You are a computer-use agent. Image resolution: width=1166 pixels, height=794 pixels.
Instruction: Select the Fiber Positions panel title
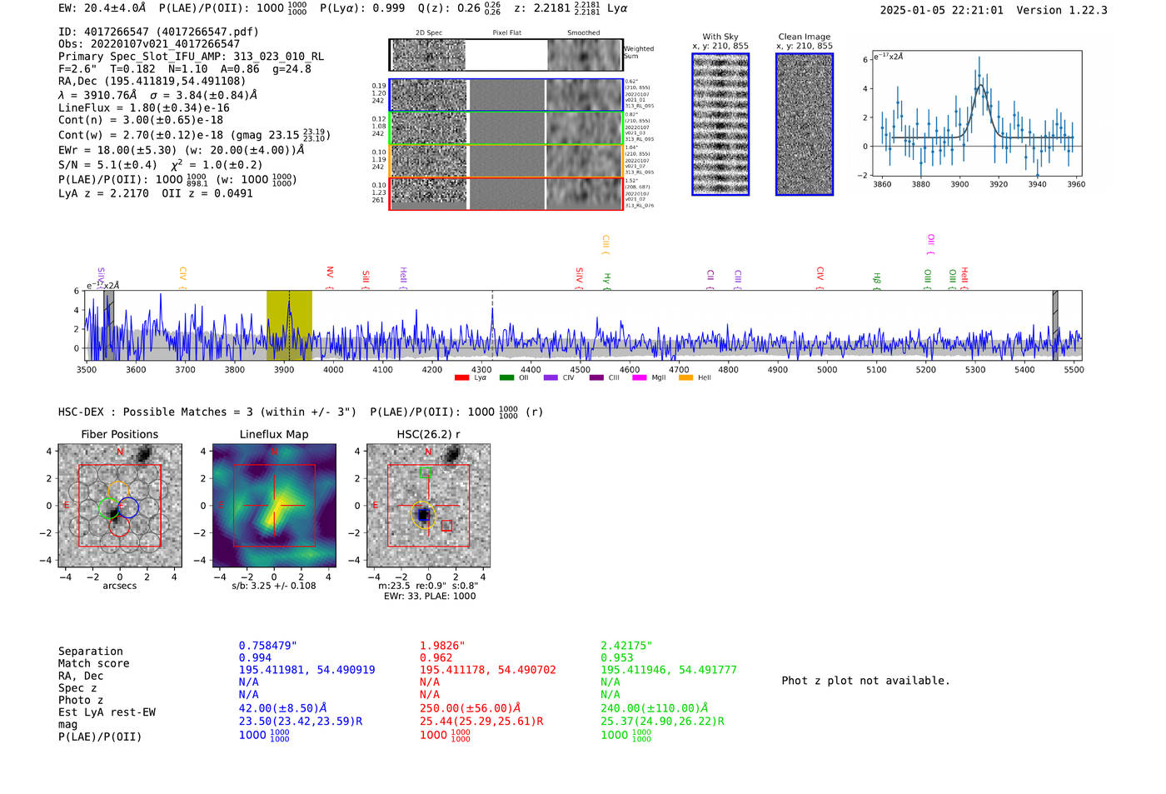coord(119,434)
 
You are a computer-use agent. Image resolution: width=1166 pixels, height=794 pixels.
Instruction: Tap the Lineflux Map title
coord(273,434)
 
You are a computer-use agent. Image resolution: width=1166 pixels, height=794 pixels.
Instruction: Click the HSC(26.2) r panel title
coord(428,434)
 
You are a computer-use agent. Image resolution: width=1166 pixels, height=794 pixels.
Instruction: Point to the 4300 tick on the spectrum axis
coord(481,370)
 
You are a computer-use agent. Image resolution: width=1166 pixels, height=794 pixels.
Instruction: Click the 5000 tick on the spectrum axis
coord(827,370)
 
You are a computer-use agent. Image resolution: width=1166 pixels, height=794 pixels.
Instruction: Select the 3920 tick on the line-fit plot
coord(998,184)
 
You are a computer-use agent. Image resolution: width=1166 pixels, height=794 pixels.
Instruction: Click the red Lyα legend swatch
coord(461,378)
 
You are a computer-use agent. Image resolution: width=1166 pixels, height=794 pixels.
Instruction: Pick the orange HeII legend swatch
coord(685,378)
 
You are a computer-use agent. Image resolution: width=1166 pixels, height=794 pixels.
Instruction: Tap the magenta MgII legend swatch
coord(640,378)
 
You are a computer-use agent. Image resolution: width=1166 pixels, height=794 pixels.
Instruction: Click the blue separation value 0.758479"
coord(267,646)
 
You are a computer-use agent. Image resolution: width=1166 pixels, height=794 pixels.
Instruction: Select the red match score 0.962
coord(436,657)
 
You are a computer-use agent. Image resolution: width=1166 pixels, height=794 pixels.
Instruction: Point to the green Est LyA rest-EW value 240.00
coord(654,708)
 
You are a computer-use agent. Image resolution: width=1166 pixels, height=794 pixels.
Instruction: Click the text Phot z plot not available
coord(865,681)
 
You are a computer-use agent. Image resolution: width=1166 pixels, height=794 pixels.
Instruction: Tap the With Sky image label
coord(720,37)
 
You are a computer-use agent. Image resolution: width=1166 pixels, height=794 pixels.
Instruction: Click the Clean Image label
coord(804,37)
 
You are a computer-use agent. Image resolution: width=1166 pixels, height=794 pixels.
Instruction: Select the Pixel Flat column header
coord(506,32)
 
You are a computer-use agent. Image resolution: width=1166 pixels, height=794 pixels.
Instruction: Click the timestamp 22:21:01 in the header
coord(975,10)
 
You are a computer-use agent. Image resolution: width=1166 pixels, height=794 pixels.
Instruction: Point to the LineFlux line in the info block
coord(143,107)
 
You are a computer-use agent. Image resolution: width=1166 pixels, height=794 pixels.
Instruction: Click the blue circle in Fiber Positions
coord(128,507)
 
